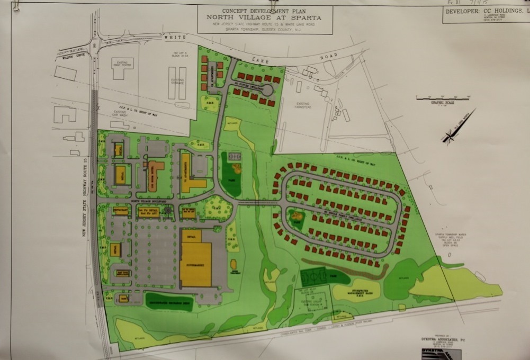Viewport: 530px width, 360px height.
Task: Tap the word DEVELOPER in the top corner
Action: (x=462, y=11)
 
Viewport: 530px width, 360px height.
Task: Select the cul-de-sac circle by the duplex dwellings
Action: (x=267, y=90)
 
